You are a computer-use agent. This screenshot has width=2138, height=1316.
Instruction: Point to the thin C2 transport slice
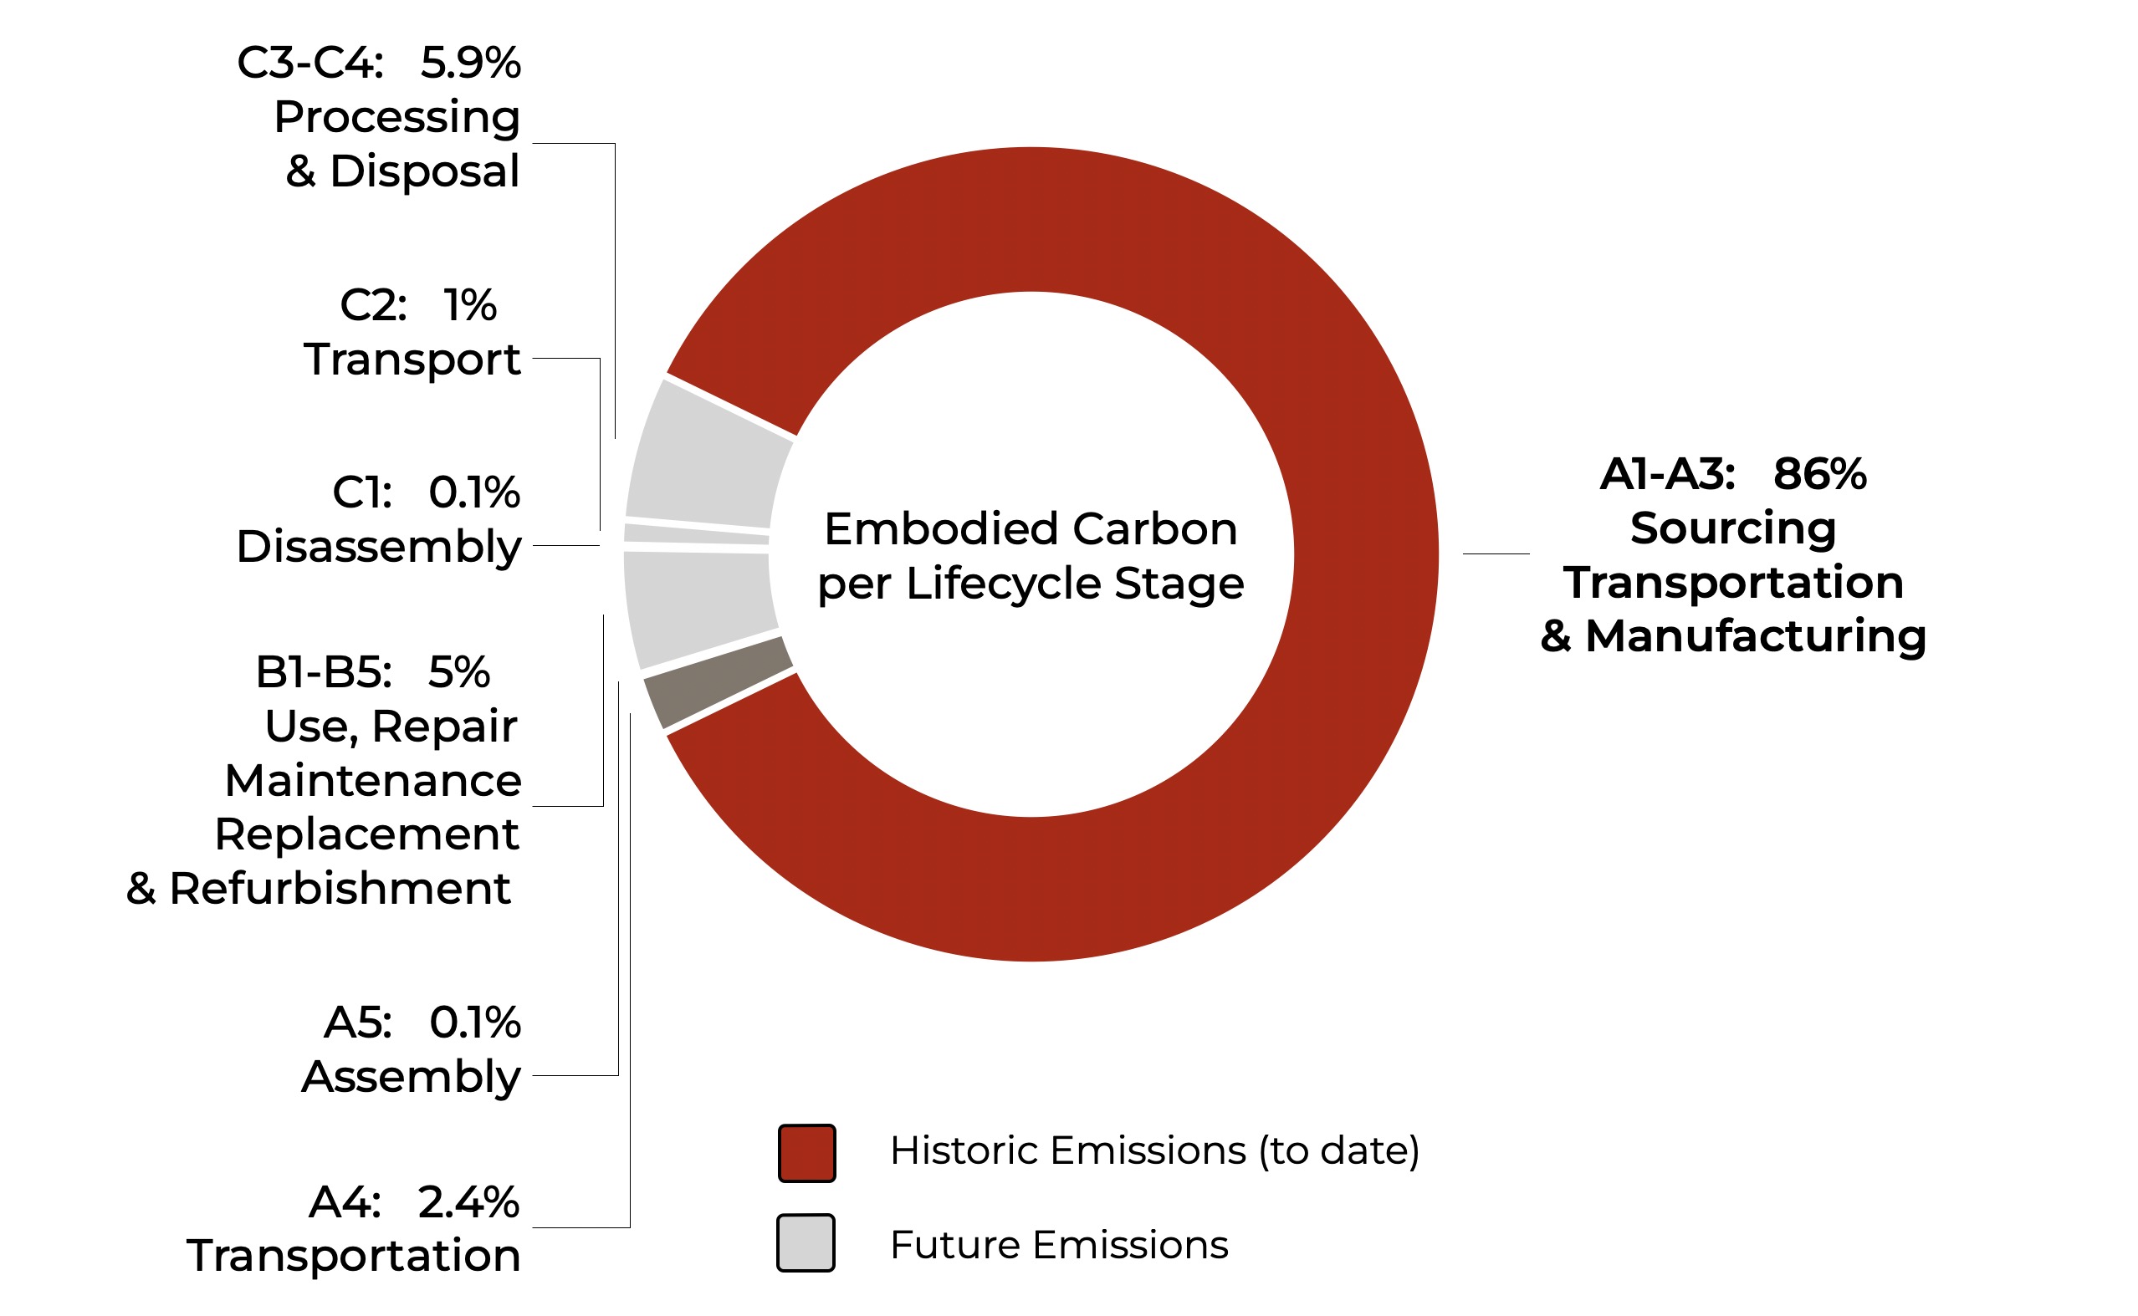[x=697, y=533]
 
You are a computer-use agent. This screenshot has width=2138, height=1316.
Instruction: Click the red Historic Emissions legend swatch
[x=806, y=1152]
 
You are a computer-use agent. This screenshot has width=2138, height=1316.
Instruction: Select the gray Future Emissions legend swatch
[x=806, y=1243]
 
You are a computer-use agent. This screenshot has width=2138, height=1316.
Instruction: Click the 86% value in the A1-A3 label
[x=1819, y=474]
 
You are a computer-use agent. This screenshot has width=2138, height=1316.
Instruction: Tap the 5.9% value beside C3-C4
[x=470, y=64]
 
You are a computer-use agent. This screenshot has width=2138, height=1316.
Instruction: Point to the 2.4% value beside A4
[x=468, y=1202]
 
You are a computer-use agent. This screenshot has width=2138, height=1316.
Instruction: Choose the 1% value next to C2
[x=470, y=305]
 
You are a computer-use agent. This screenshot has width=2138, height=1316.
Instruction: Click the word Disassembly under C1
[x=379, y=548]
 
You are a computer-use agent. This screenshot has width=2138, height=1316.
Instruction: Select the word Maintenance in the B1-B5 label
[x=372, y=780]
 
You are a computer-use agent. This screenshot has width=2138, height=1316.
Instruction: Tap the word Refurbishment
[x=340, y=889]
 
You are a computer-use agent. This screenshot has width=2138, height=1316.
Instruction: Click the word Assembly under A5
[x=411, y=1078]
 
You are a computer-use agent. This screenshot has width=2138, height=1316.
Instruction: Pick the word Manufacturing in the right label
[x=1755, y=635]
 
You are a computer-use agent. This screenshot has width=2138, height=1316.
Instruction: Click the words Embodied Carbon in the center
[x=1030, y=529]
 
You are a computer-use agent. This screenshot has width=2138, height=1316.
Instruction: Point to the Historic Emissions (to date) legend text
[x=1153, y=1150]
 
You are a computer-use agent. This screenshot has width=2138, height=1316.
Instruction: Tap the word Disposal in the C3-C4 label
[x=424, y=171]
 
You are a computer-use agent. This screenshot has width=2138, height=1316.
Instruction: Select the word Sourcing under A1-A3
[x=1732, y=528]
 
